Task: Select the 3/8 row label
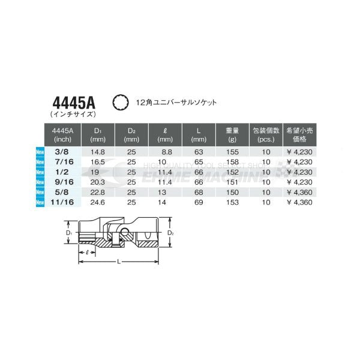click(62, 152)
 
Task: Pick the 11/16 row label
click(62, 203)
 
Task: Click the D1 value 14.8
click(98, 152)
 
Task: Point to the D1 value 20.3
click(98, 183)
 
